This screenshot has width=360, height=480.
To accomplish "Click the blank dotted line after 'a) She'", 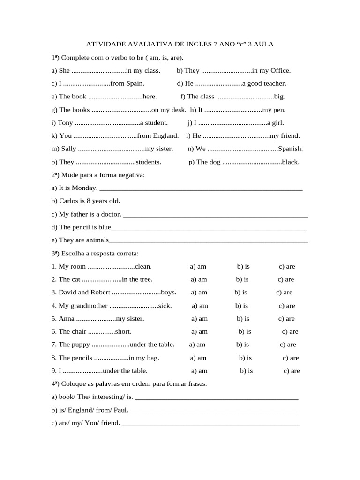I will pos(99,71).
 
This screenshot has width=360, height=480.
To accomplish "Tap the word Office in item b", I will pos(280,71).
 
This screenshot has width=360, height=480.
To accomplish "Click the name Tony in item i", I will pos(65,123).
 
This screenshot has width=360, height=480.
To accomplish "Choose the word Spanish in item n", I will pos(291,149).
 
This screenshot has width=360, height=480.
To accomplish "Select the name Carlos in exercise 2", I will pos(69,201).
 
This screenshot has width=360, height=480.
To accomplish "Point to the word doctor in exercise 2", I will pos(109,214).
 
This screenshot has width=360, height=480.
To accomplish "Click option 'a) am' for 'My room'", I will pos(198,267).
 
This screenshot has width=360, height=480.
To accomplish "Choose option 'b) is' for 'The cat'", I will pos(242,279).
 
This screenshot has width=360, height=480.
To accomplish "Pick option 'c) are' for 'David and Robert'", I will pos(284,292).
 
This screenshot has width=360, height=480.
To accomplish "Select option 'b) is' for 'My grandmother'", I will pos(242,306).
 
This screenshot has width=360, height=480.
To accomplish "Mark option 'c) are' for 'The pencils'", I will pos(291,358).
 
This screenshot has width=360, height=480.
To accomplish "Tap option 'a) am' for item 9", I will pos(200,371).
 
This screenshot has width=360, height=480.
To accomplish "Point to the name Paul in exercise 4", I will pos(120,410).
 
